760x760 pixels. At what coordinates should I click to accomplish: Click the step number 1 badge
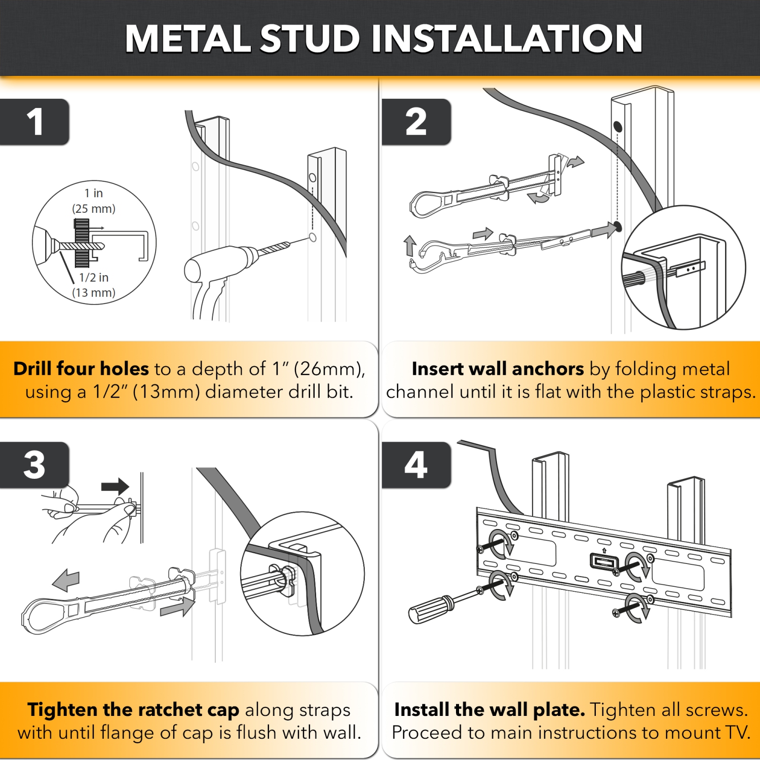34,122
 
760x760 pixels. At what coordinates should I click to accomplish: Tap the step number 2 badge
416,122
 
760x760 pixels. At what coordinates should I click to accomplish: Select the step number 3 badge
34,465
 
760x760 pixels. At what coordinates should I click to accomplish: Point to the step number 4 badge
416,465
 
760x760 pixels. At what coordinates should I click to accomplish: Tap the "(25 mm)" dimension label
94,209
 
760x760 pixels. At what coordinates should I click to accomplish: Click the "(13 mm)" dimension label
94,293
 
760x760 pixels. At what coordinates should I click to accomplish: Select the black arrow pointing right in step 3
115,486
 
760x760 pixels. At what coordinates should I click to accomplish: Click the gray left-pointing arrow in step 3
66,580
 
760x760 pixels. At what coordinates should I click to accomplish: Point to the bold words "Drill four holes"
81,369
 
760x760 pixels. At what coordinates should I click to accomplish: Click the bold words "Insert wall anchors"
498,369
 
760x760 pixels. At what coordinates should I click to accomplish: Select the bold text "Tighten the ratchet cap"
133,710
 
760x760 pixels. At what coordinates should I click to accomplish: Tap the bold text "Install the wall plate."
489,710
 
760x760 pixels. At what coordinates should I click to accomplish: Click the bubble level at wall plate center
604,561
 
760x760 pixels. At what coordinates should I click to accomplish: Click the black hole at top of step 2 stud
618,126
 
